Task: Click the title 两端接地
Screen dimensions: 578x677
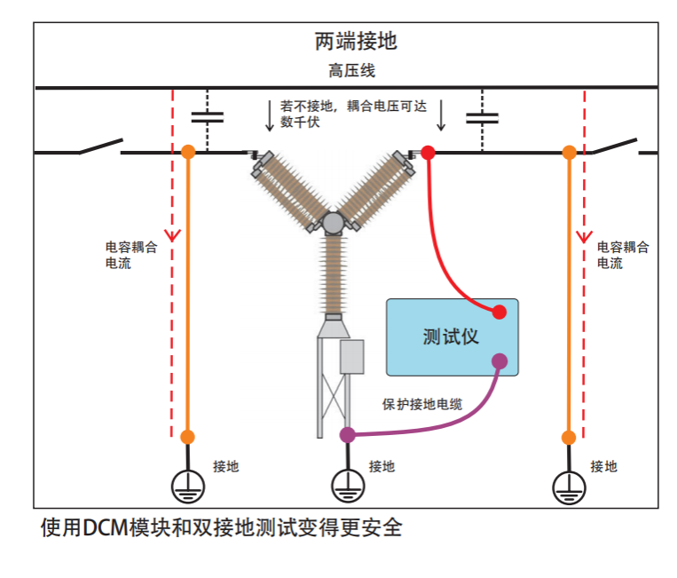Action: point(356,41)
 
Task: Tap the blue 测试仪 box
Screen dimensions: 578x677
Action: point(452,337)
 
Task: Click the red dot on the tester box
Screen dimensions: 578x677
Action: point(500,312)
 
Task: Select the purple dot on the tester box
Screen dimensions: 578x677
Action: point(500,360)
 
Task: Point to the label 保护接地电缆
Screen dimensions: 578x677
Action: point(422,404)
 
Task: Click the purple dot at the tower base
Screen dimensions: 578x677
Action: point(348,434)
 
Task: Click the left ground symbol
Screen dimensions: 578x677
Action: point(187,485)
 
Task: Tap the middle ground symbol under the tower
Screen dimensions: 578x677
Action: point(348,485)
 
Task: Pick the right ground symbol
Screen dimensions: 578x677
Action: point(569,485)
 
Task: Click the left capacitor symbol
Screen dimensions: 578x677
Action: point(208,117)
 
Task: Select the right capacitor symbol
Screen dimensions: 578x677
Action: point(484,117)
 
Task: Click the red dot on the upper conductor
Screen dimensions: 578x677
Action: point(428,153)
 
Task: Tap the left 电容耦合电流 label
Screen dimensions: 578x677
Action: point(131,256)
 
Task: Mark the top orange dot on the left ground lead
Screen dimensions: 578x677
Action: point(187,153)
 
